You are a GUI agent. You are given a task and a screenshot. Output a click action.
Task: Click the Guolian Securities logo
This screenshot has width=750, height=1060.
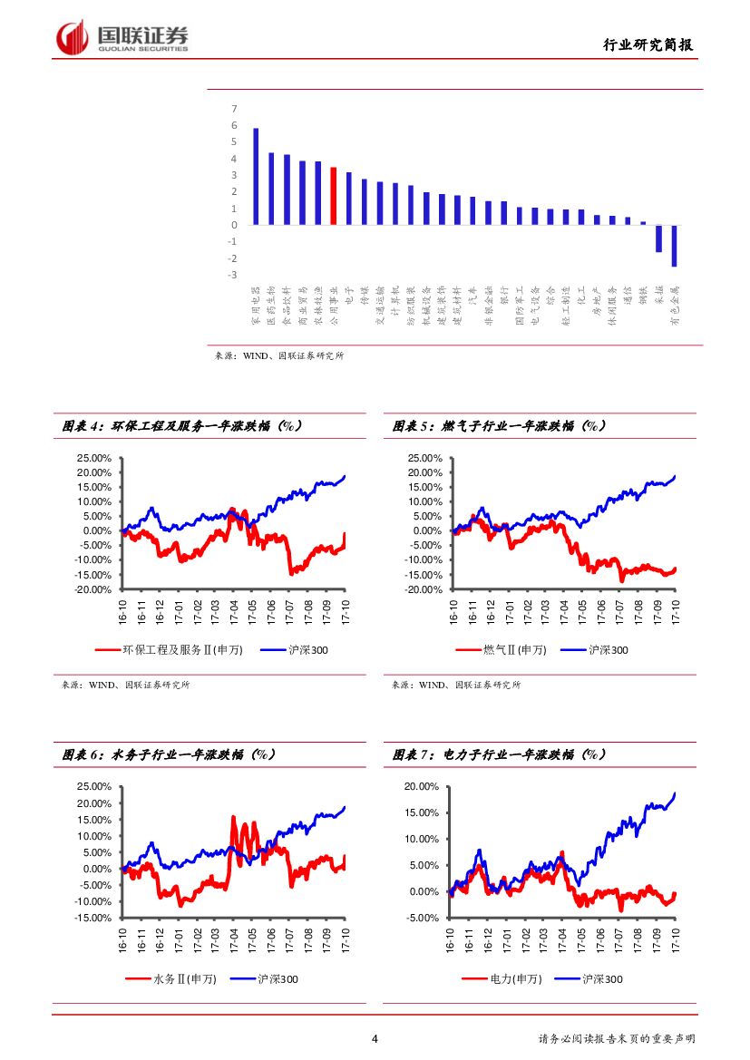122,37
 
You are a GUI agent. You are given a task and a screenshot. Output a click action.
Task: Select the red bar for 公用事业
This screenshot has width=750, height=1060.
334,195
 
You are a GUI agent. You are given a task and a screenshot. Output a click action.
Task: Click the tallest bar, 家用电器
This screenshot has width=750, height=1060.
256,176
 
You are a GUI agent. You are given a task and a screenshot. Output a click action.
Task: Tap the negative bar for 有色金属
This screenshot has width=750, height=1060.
674,246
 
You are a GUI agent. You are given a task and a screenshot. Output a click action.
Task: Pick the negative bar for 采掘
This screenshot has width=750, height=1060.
658,238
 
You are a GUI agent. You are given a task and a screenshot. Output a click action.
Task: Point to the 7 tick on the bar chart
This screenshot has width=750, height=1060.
234,109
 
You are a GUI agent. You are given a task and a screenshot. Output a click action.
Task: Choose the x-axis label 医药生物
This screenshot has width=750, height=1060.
271,302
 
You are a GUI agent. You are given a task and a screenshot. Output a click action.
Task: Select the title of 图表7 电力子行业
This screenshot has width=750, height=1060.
499,754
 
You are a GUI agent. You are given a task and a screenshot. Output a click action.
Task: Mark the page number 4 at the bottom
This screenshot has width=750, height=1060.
375,1039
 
